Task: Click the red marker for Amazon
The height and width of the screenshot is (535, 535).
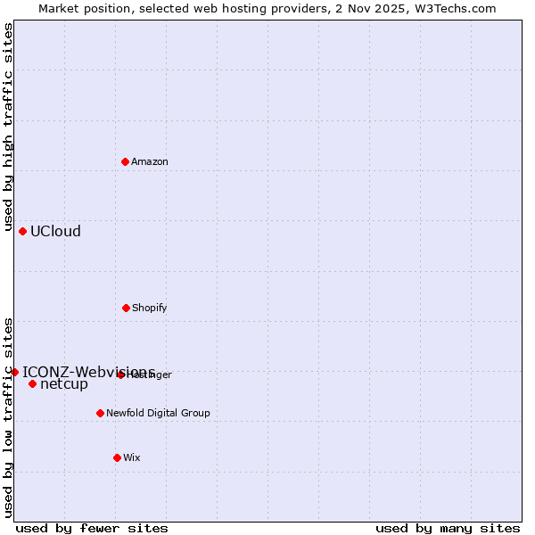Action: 126,161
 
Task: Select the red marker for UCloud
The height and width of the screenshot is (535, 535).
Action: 22,231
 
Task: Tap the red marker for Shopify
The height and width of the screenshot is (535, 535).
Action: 126,308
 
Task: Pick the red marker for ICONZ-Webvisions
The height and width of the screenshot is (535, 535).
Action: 14,372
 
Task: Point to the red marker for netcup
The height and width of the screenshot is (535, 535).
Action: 32,384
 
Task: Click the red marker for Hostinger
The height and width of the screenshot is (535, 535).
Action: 120,374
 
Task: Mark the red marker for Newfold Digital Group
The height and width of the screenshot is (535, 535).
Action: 100,413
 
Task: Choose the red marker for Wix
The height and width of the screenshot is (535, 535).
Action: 117,457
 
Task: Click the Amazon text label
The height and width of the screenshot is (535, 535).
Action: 150,161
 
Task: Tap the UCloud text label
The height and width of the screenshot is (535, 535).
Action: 55,231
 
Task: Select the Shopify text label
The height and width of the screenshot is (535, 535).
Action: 150,308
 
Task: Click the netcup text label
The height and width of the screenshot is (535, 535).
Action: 64,384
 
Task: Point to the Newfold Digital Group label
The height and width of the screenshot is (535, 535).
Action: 158,413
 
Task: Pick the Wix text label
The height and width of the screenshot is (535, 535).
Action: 132,457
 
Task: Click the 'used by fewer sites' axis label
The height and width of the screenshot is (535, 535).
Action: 92,528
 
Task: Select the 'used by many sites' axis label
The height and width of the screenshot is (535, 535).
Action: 448,528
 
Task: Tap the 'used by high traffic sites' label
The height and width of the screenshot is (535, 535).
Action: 8,128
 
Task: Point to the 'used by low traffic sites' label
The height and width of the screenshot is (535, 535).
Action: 8,416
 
